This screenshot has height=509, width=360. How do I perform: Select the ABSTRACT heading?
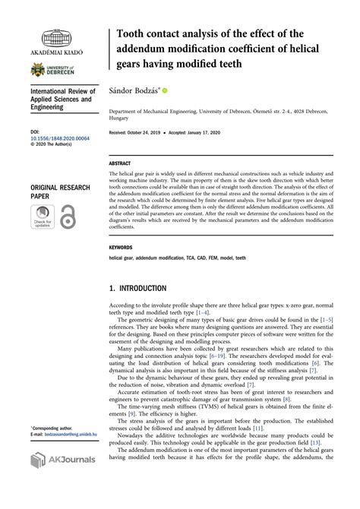coord(120,163)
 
